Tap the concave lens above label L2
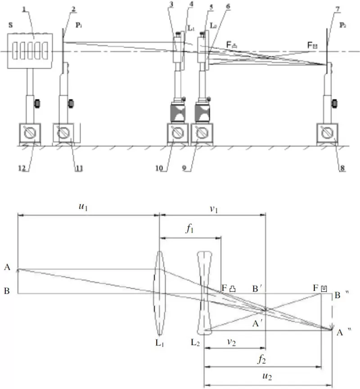(x=204, y=293)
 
